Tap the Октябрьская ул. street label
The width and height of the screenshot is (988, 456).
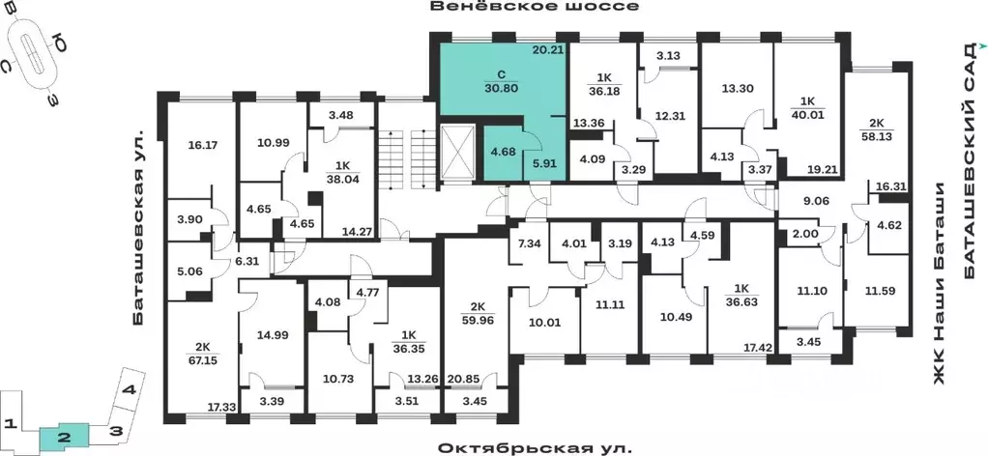pyautogui.click(x=535, y=447)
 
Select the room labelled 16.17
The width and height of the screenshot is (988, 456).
pyautogui.click(x=196, y=146)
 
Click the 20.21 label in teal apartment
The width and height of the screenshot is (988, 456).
pyautogui.click(x=547, y=50)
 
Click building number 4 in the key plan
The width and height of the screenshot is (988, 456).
pyautogui.click(x=127, y=391)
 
